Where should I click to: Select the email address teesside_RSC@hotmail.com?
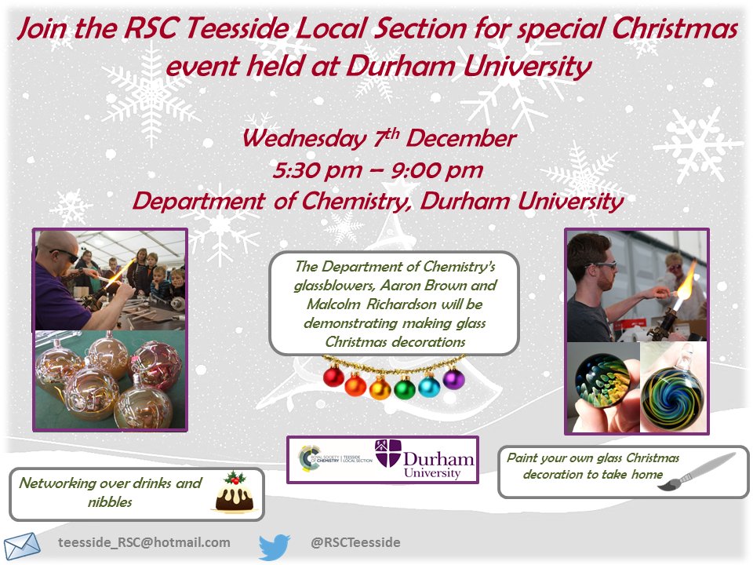(144, 542)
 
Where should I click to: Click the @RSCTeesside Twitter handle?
(355, 542)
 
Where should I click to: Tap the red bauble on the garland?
(333, 377)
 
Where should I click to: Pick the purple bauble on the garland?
(453, 378)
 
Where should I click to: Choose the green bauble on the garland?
(405, 388)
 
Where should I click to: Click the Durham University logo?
(424, 459)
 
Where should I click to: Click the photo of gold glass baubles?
(109, 380)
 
